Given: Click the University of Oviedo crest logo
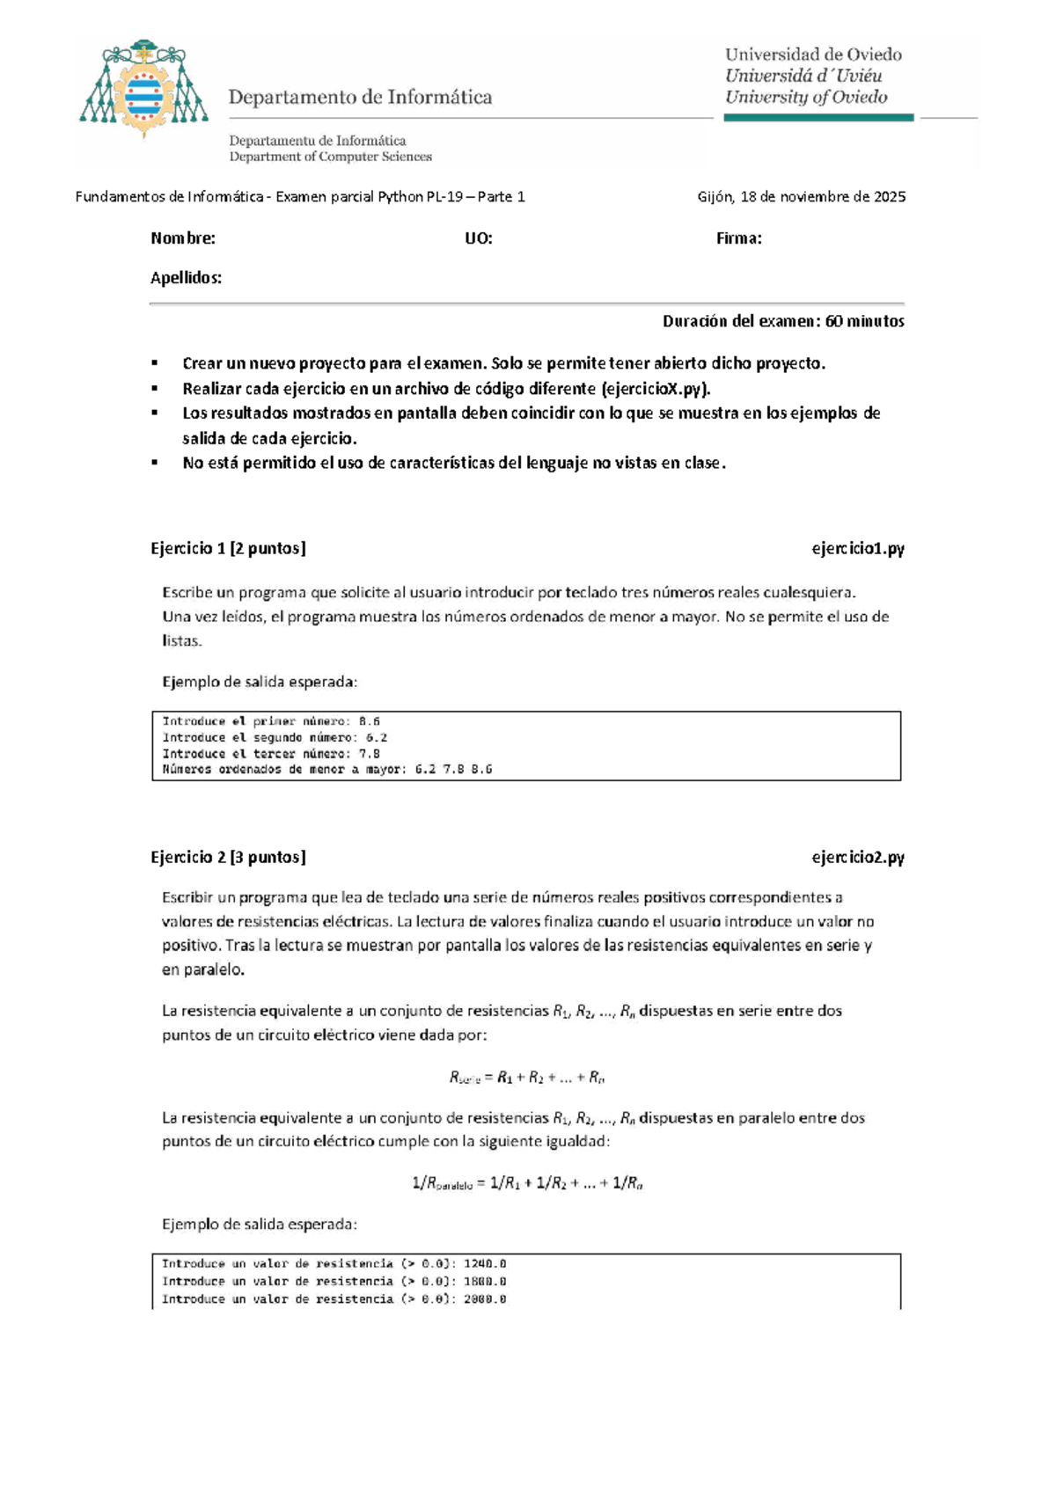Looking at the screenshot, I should [143, 89].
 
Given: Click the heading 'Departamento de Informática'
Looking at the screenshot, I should [360, 98].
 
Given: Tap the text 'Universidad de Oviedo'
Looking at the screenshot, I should [813, 55].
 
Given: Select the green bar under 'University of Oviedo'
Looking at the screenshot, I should [818, 117].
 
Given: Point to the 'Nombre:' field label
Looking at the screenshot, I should [183, 238].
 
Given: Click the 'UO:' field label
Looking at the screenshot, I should [478, 238].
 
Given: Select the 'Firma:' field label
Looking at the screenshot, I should [738, 238].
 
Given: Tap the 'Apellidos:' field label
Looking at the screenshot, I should [186, 278].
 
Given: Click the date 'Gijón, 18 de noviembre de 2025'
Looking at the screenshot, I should [801, 197].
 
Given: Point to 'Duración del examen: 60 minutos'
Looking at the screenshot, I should [782, 321].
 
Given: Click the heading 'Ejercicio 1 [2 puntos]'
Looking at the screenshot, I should [228, 549].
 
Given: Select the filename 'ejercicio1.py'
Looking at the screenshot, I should [857, 549].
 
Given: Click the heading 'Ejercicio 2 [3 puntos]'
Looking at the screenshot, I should [228, 857].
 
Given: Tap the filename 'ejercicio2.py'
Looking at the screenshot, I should [857, 857].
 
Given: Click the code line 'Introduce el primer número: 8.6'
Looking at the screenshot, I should [271, 721].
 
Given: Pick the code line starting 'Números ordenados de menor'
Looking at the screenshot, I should [326, 770].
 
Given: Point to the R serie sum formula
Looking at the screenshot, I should [526, 1078].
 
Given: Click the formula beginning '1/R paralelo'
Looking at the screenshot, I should [526, 1184].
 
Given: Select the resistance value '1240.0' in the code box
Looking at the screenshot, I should [484, 1264].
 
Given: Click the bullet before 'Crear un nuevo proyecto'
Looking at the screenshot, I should [155, 363].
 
